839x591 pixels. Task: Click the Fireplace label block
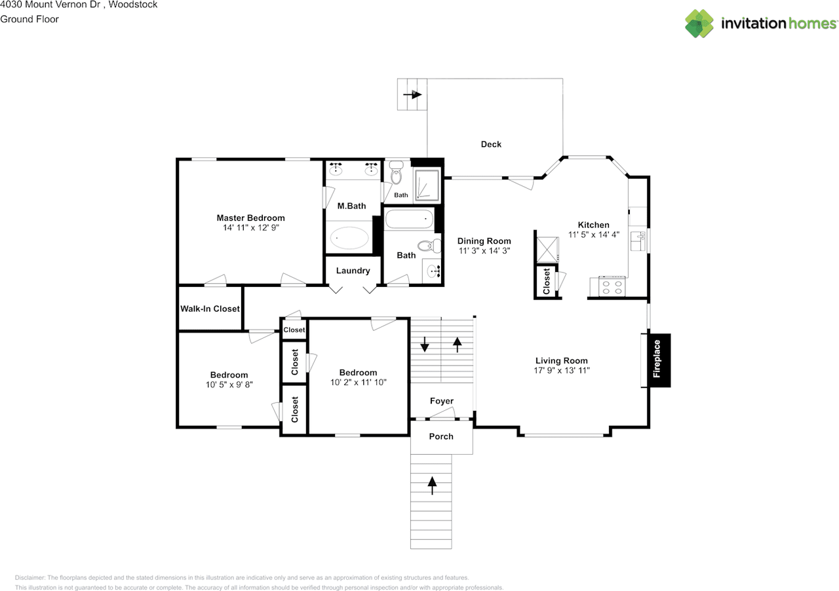[659, 360]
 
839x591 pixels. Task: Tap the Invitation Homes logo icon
[699, 24]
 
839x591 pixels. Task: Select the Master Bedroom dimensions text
[250, 228]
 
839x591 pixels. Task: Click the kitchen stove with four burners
[612, 287]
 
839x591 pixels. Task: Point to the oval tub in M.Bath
[349, 238]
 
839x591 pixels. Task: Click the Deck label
[491, 144]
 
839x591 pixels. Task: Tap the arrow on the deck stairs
[412, 94]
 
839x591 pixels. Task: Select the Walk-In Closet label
[210, 309]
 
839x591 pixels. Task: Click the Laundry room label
[353, 271]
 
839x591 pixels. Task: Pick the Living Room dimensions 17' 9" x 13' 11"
[562, 370]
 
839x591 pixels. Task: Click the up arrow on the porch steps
[432, 486]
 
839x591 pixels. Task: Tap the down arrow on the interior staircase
[424, 344]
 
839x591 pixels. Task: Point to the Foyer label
[442, 401]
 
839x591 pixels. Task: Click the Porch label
[441, 436]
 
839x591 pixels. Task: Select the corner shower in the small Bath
[427, 185]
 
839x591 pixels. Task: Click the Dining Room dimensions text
[484, 251]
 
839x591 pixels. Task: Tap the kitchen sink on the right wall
[638, 241]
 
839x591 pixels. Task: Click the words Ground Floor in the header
[29, 19]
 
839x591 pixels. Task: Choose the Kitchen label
[594, 225]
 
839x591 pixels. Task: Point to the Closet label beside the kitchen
[547, 281]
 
